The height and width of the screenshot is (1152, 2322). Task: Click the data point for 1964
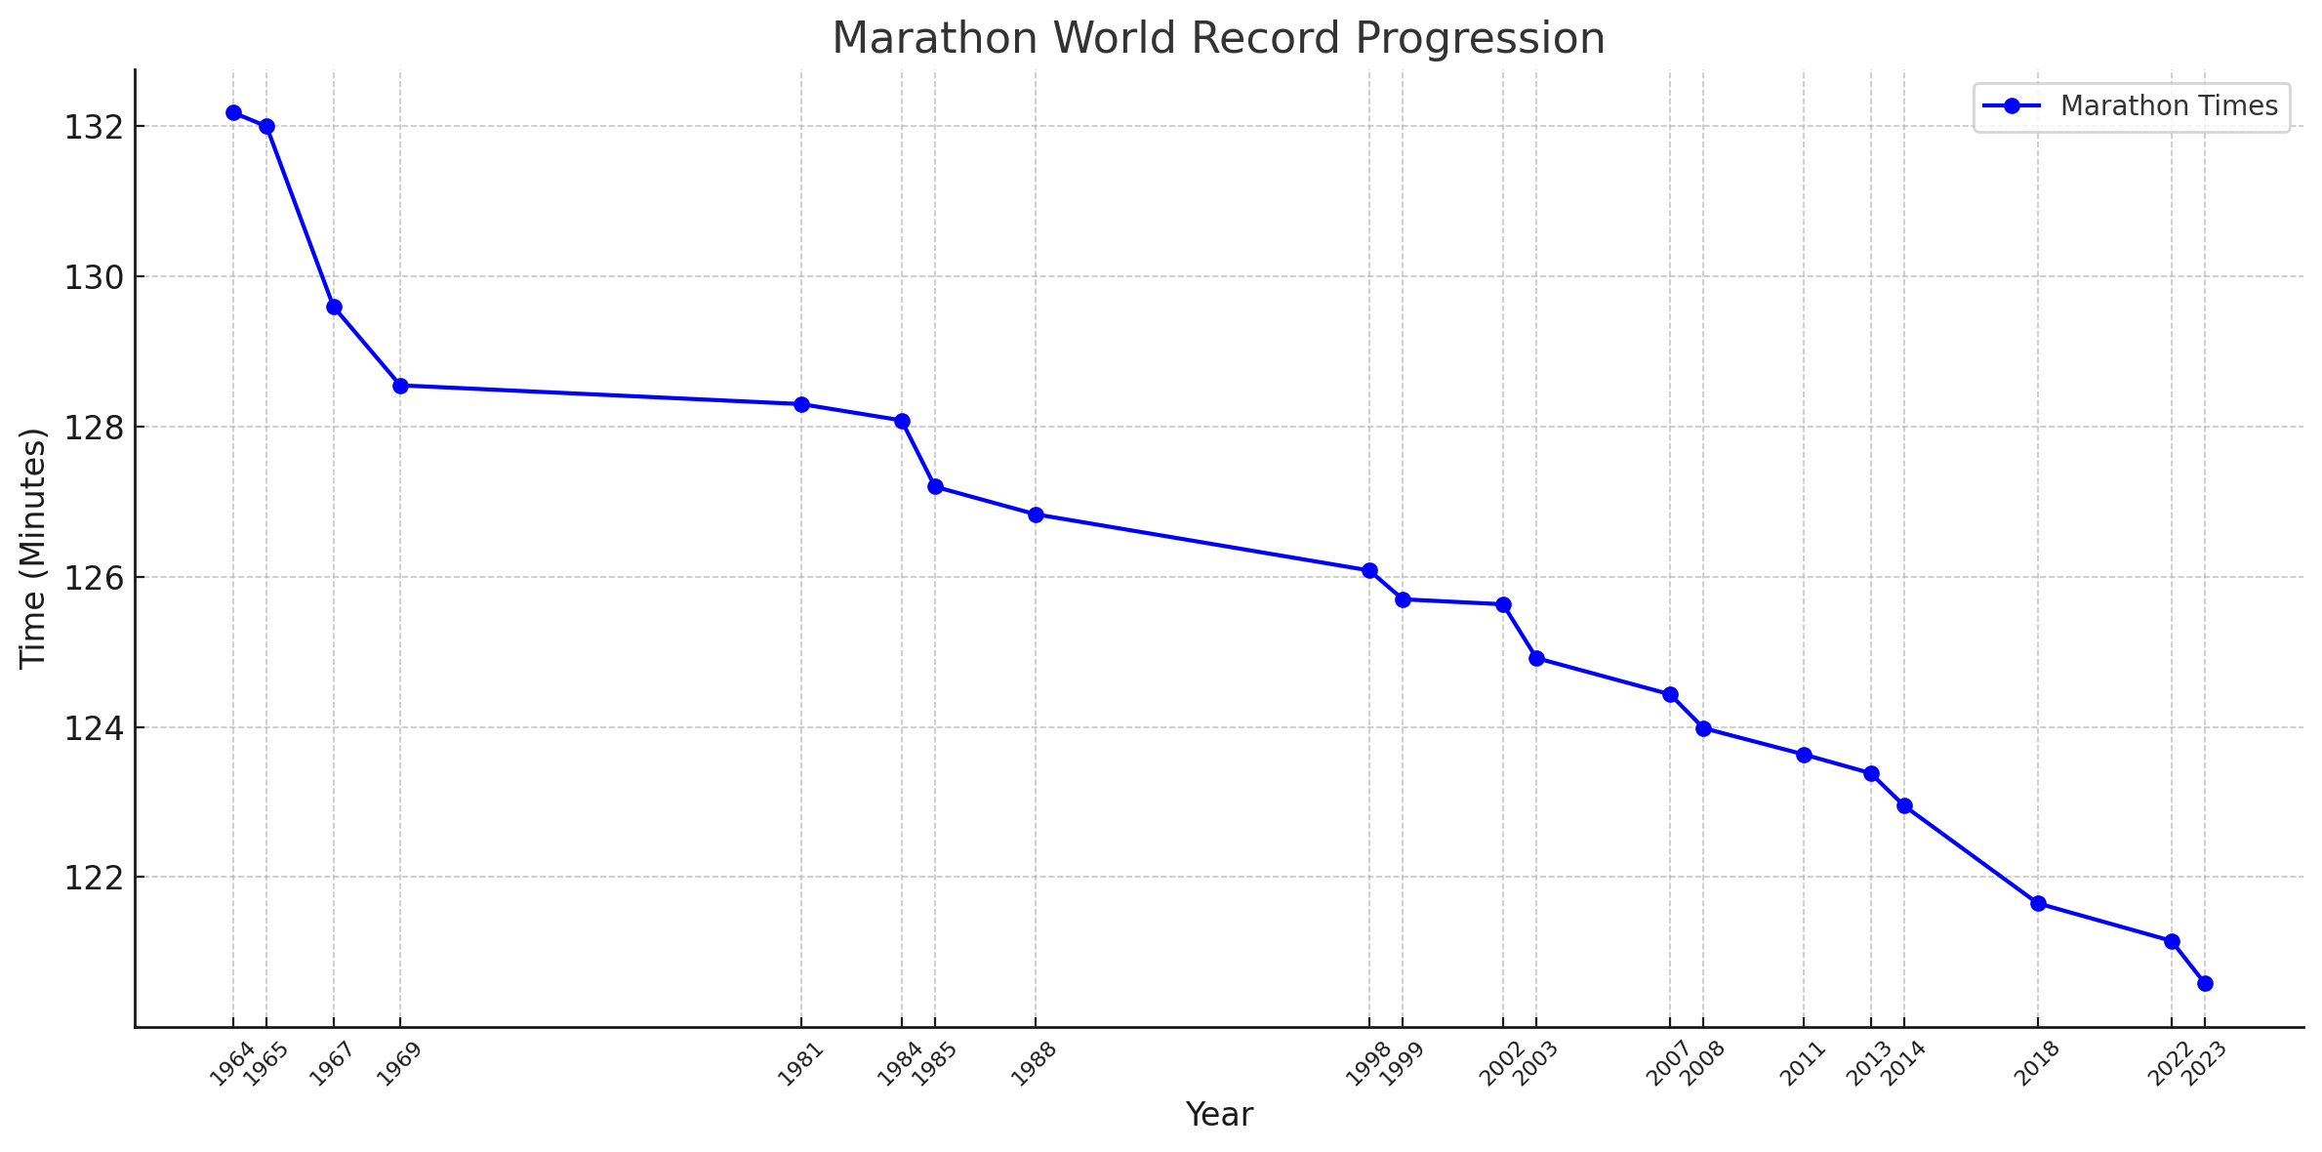coord(233,113)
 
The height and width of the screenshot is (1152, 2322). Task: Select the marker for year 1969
coord(400,386)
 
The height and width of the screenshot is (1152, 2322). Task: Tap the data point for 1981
coord(801,404)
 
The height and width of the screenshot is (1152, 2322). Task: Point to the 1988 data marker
coord(1036,514)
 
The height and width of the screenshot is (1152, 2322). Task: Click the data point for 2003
coord(1536,658)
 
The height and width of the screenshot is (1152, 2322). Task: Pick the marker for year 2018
coord(2038,903)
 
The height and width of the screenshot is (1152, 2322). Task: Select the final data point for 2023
coord(2205,983)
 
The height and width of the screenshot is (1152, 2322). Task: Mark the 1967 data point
coord(334,307)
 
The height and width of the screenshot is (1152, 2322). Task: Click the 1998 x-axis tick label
coord(1366,1064)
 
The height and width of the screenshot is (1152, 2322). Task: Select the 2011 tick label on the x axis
coord(1801,1064)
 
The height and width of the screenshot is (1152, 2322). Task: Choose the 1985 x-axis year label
coord(932,1064)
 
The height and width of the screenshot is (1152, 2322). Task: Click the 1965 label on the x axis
coord(264,1064)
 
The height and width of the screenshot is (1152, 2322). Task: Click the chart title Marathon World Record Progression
coord(1218,39)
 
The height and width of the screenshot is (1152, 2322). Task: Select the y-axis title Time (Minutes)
coord(33,548)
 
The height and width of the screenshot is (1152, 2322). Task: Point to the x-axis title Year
coord(1219,1115)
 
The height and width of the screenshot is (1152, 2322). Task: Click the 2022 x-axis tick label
coord(2169,1064)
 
